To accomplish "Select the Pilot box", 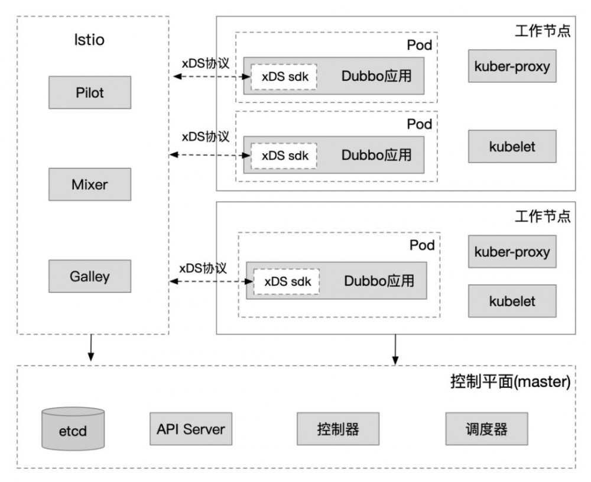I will pyautogui.click(x=90, y=92).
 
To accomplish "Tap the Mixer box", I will pyautogui.click(x=90, y=184).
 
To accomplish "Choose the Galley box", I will pyautogui.click(x=90, y=276).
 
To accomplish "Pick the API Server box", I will pyautogui.click(x=190, y=429).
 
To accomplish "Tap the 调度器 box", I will pyautogui.click(x=486, y=429).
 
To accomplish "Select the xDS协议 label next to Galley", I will pyautogui.click(x=203, y=268).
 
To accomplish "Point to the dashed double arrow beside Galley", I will pyautogui.click(x=207, y=282).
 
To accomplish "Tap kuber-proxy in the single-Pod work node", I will pyautogui.click(x=512, y=253).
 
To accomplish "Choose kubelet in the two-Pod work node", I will pyautogui.click(x=512, y=146).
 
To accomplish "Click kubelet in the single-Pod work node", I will pyautogui.click(x=512, y=301).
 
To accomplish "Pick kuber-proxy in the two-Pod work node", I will pyautogui.click(x=512, y=66).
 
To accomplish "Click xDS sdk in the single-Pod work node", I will pyautogui.click(x=287, y=282).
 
